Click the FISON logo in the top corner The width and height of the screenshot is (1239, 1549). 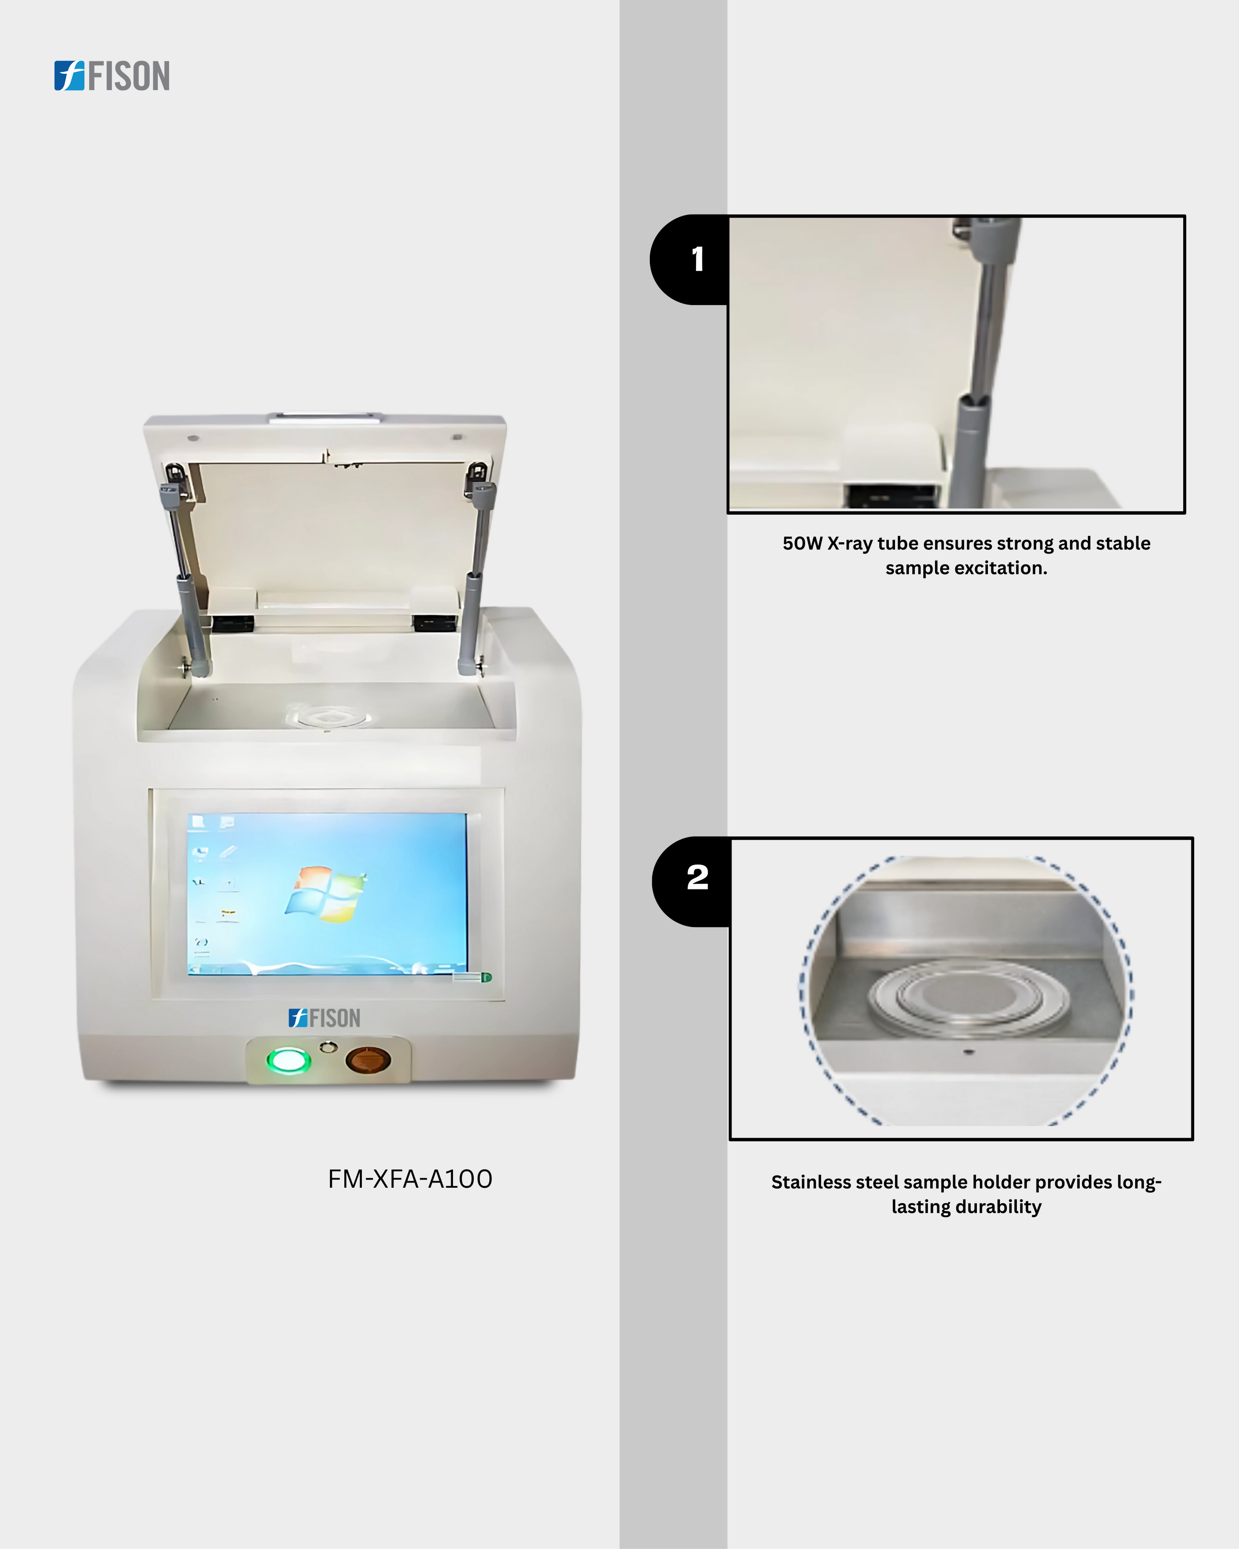click(112, 76)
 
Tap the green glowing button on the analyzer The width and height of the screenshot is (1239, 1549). click(289, 1060)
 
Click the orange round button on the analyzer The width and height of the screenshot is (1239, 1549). click(368, 1060)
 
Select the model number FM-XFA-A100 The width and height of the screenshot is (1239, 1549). click(410, 1179)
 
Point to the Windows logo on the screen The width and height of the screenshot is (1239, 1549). click(325, 894)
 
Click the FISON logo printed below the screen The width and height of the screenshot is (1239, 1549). click(324, 1018)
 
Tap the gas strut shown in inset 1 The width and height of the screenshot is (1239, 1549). click(983, 363)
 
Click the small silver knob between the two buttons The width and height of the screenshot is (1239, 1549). click(328, 1048)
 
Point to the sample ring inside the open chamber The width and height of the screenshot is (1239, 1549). click(328, 716)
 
